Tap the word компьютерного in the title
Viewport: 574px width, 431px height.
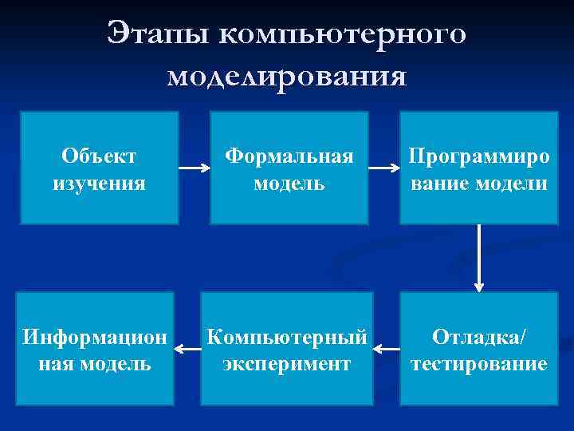click(341, 36)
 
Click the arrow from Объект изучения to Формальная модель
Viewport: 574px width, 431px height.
click(194, 169)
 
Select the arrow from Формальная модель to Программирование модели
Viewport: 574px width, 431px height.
click(384, 169)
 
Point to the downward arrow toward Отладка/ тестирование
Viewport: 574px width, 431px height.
click(479, 257)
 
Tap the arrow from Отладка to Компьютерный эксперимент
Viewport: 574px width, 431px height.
click(387, 349)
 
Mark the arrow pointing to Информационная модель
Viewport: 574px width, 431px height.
click(187, 349)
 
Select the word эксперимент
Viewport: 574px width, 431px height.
click(287, 365)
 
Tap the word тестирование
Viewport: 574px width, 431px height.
click(478, 365)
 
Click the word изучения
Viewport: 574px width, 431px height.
click(99, 184)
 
